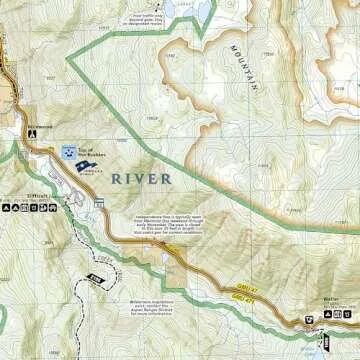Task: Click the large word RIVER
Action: click(x=140, y=178)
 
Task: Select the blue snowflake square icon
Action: click(x=69, y=152)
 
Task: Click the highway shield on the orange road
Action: click(x=99, y=204)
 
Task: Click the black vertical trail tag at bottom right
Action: click(x=322, y=348)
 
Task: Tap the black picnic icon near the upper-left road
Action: click(x=33, y=130)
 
